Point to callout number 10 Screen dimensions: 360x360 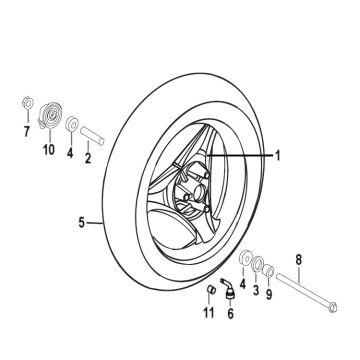pyautogui.click(x=46, y=151)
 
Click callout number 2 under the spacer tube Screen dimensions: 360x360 pyautogui.click(x=87, y=157)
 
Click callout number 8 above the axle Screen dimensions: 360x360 pyautogui.click(x=298, y=262)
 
